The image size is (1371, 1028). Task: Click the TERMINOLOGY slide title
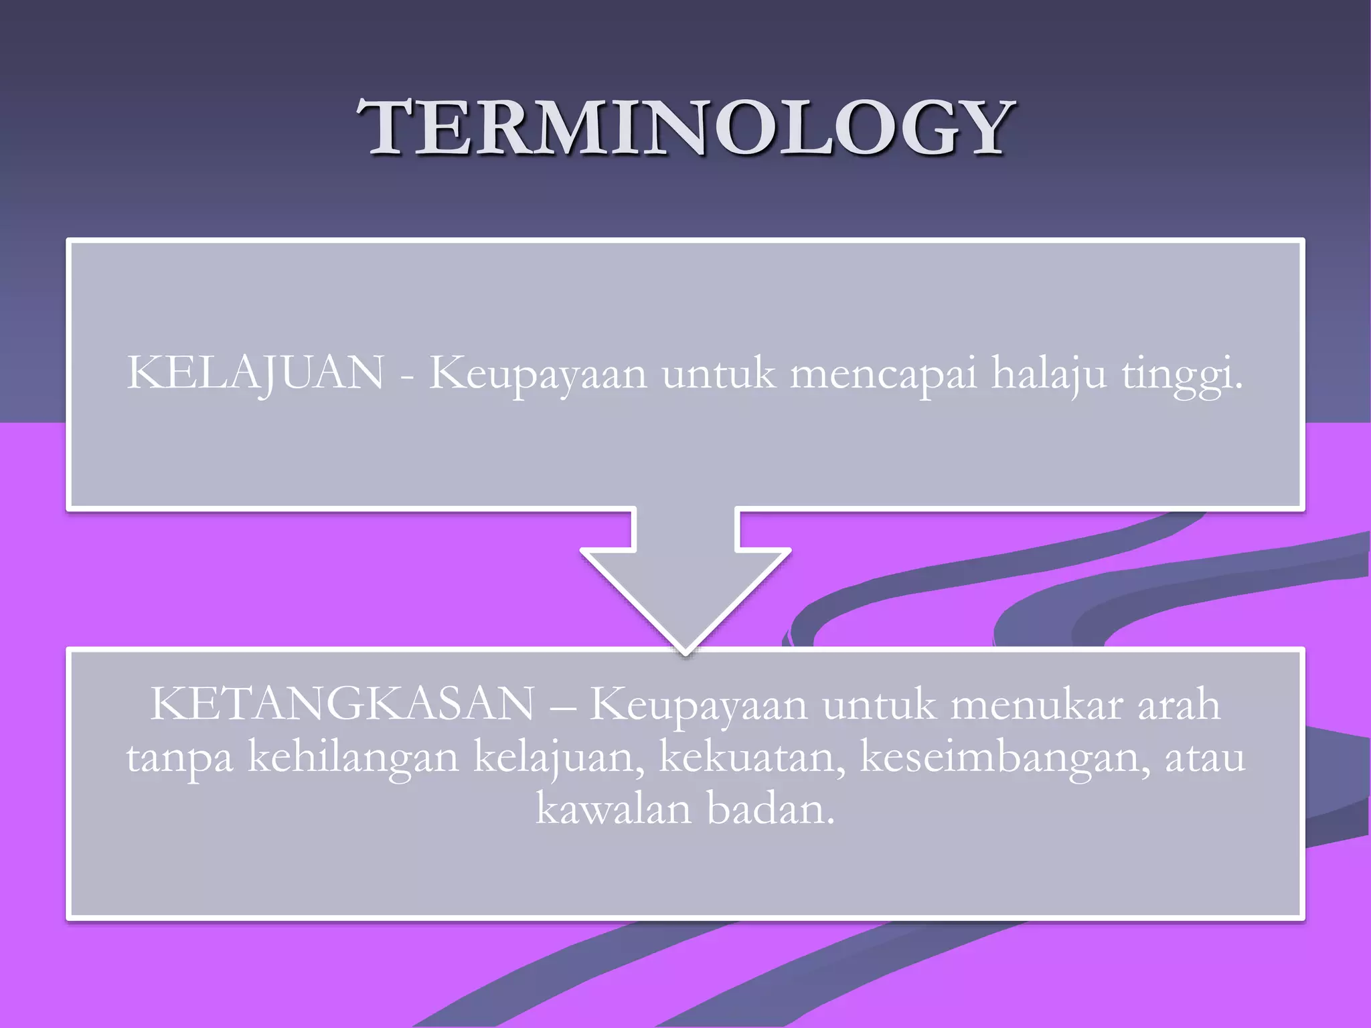click(685, 127)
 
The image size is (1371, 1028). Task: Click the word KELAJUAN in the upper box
click(256, 373)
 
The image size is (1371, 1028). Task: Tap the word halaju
click(1048, 373)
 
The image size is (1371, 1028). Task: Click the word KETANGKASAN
click(343, 704)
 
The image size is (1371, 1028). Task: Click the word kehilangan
click(353, 758)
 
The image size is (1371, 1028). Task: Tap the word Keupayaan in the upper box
click(538, 373)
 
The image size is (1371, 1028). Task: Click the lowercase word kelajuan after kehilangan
click(559, 758)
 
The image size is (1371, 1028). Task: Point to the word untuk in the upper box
click(719, 373)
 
